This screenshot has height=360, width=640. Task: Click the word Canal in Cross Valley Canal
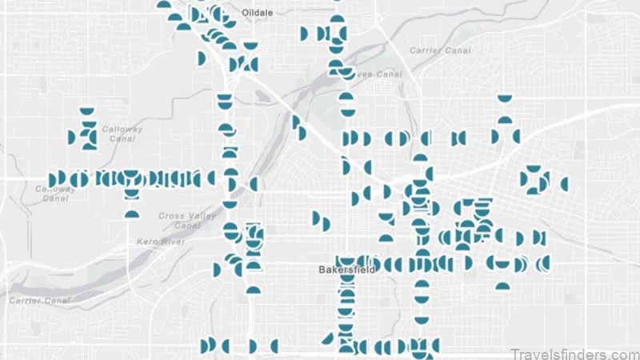(x=187, y=226)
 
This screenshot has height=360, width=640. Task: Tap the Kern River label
(x=161, y=241)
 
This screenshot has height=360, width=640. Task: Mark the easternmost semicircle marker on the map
(x=564, y=184)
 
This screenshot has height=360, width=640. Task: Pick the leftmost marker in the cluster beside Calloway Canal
(x=71, y=137)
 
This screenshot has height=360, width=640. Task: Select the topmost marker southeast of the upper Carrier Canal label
(x=504, y=99)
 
